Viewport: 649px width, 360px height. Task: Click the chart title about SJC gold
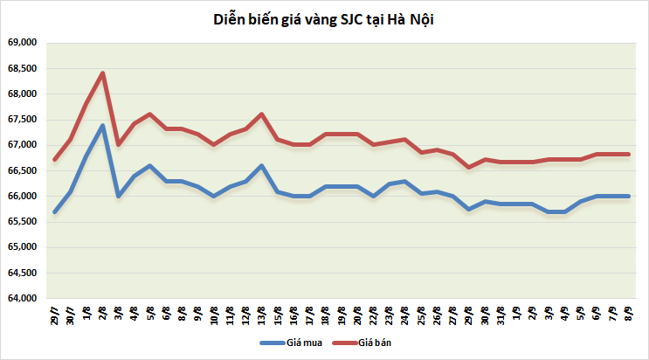pos(324,19)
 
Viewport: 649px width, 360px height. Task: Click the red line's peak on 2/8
pos(103,73)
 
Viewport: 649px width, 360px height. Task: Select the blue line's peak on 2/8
pos(103,125)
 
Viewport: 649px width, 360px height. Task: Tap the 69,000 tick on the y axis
pos(22,42)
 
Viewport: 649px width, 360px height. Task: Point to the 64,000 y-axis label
pos(22,299)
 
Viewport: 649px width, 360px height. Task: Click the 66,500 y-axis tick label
pos(22,170)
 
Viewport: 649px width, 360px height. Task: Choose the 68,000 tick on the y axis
pos(22,93)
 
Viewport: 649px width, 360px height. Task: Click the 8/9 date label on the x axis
pos(629,313)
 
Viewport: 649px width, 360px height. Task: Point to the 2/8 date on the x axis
pos(103,313)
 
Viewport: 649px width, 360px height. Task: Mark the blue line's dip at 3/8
pos(119,196)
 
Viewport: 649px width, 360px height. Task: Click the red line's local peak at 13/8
pos(262,114)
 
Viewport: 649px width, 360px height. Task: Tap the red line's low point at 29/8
pos(470,167)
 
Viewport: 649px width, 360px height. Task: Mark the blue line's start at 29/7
pos(55,211)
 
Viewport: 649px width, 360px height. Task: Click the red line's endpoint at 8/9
pos(629,155)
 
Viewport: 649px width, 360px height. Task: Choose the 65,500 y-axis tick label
pos(22,222)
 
